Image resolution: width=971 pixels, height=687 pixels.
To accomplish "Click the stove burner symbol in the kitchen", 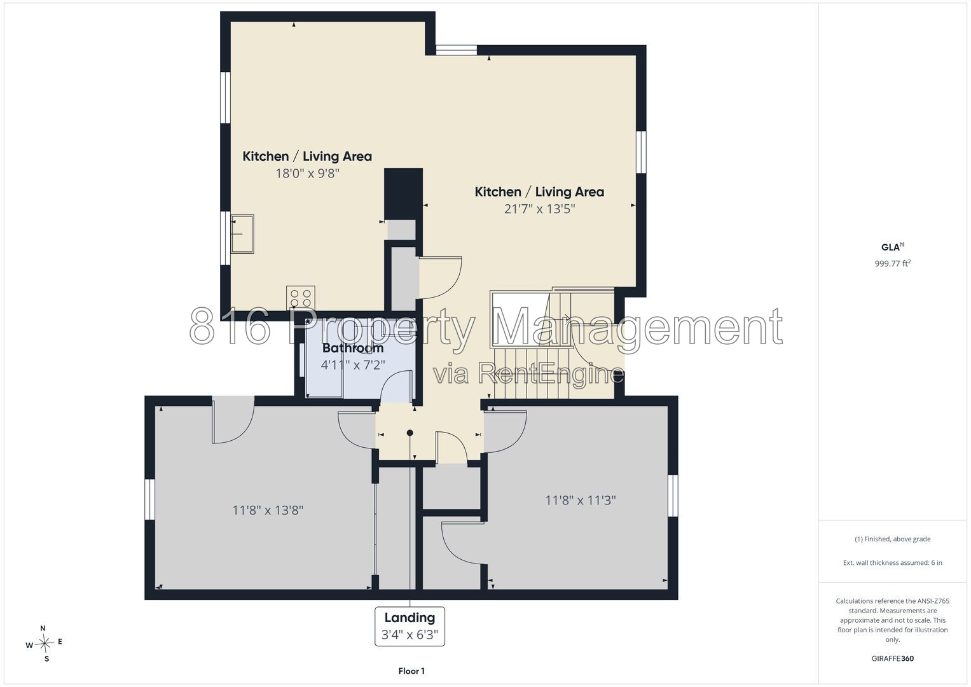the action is (300, 298).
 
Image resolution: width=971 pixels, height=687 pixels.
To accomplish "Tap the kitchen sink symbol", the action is (242, 234).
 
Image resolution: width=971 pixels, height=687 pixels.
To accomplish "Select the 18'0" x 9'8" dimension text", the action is (307, 174).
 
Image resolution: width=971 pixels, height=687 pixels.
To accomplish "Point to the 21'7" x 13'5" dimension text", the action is (539, 209).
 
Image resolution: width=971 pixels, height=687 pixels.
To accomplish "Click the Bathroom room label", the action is (353, 348).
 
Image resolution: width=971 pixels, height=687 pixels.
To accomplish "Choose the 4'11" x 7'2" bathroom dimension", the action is (353, 364).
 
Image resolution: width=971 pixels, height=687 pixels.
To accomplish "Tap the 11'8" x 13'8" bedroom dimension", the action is (268, 510).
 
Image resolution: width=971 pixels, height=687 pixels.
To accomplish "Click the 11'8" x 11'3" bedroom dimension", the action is (581, 500).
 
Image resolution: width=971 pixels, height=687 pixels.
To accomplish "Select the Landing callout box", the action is (410, 627).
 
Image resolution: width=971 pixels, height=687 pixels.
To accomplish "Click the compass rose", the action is (45, 643).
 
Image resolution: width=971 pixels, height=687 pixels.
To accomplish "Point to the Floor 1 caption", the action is (411, 671).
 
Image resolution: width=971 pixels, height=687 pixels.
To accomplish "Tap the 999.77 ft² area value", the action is (893, 263).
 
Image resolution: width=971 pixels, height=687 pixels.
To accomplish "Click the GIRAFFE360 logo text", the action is (893, 658).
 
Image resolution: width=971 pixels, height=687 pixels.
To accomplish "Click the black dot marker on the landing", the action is (410, 433).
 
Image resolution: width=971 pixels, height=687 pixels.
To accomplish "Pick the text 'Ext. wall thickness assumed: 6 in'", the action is (893, 562).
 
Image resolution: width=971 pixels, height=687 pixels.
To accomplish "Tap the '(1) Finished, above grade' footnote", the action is (893, 539).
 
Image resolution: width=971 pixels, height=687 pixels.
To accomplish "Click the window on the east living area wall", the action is (641, 152).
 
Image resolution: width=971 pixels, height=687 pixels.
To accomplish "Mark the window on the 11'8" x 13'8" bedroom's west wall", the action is (149, 499).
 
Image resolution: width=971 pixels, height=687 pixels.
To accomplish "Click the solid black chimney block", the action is (403, 194).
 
